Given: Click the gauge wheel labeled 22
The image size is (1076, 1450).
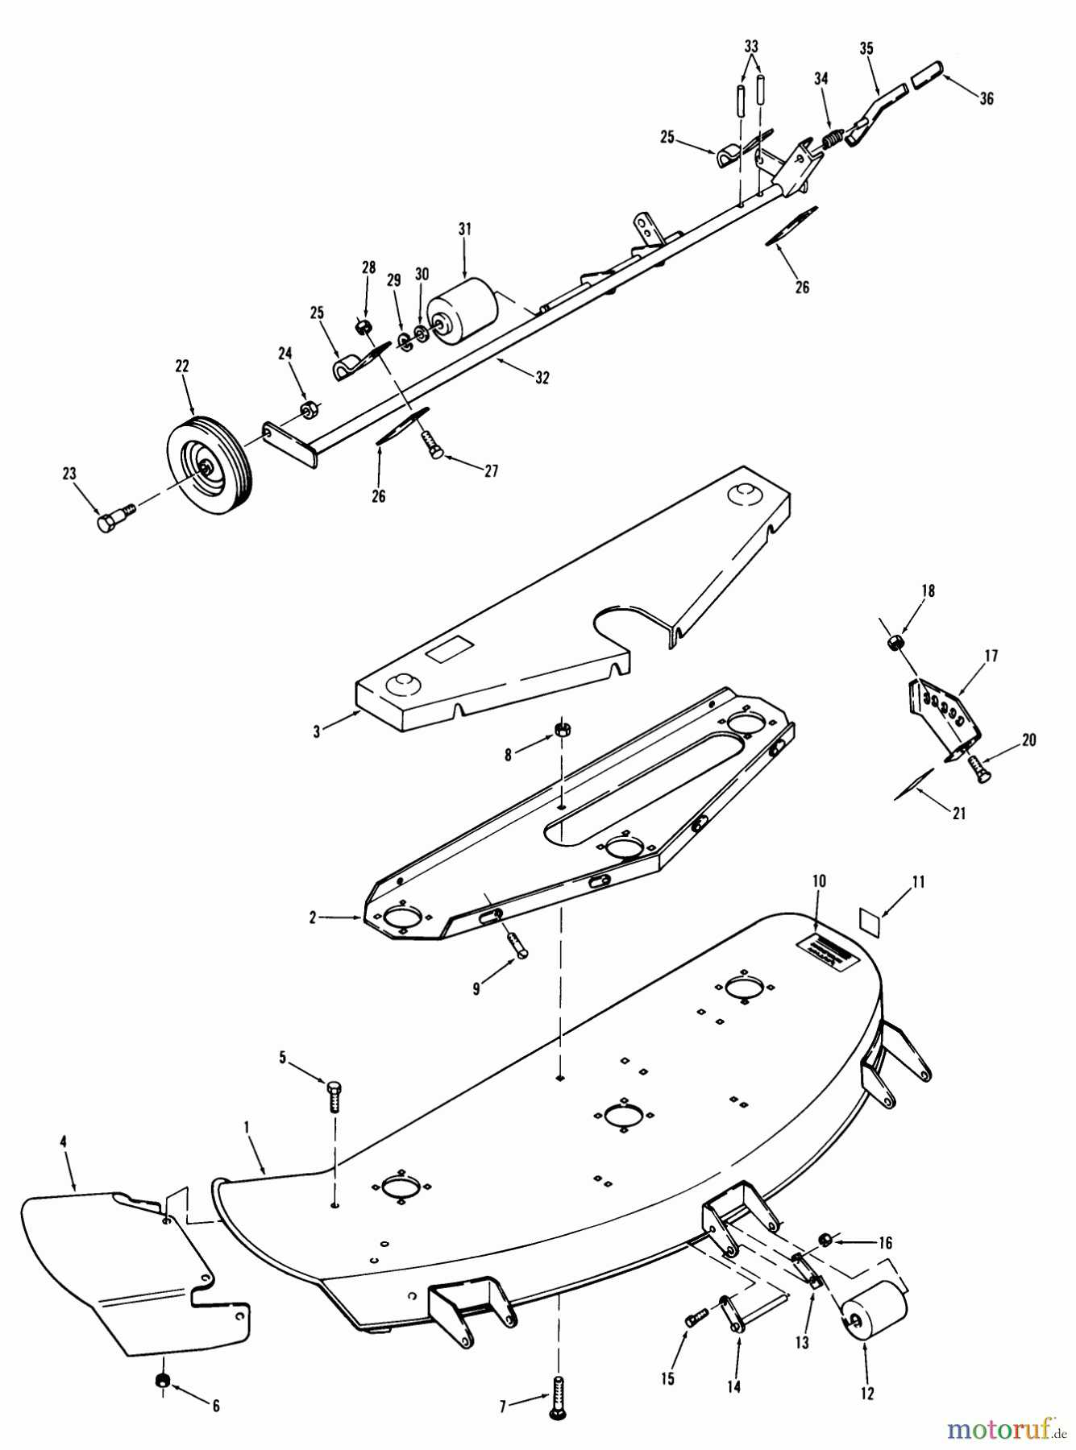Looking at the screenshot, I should (208, 462).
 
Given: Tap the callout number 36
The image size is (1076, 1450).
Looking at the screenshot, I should (987, 98).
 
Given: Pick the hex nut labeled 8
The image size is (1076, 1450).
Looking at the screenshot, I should (561, 730).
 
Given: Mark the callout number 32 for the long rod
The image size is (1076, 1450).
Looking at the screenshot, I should (542, 377).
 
